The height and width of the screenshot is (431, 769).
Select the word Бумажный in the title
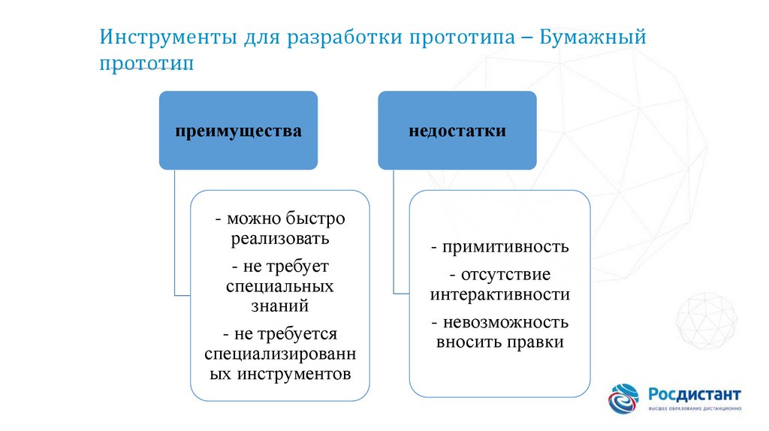click(593, 38)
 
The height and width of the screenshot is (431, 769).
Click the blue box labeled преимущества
click(238, 131)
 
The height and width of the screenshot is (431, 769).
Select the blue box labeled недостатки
click(457, 131)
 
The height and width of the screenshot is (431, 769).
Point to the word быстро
click(315, 219)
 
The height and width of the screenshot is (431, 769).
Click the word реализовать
click(280, 239)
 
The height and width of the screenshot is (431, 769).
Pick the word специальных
click(280, 286)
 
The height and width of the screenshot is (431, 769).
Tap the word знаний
click(280, 306)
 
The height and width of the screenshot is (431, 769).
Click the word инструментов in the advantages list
click(294, 374)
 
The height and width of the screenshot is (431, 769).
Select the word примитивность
click(505, 246)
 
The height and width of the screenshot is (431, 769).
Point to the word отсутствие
click(505, 275)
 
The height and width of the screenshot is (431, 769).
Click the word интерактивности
click(500, 294)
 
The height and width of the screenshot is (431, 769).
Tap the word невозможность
click(505, 323)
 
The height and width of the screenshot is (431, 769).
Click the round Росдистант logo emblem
click(623, 399)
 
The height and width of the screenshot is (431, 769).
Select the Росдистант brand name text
click(695, 394)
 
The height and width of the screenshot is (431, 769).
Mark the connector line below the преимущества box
click(175, 233)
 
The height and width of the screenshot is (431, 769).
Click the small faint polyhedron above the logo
click(706, 321)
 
